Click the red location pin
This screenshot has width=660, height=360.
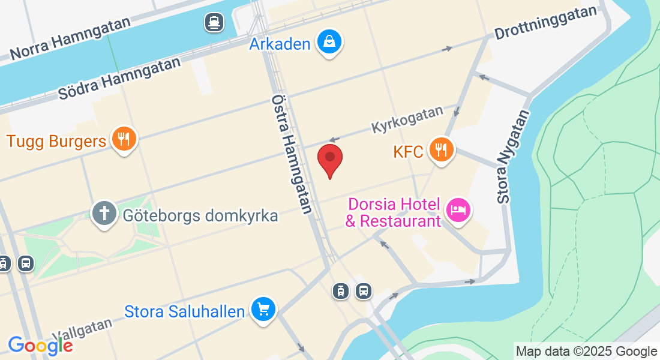click(329, 159)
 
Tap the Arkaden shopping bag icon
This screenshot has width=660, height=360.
click(329, 42)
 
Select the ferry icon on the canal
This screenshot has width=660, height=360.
click(213, 23)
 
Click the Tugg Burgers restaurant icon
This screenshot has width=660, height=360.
click(124, 140)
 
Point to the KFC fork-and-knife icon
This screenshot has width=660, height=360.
click(442, 149)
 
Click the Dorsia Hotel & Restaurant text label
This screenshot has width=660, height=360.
click(394, 212)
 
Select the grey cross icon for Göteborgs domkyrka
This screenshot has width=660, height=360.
click(104, 214)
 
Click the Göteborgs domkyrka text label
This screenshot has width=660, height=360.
click(200, 215)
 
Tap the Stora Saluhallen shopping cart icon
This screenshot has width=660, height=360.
click(263, 310)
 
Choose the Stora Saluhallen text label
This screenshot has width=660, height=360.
click(185, 311)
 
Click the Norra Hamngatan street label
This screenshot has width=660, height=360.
click(71, 40)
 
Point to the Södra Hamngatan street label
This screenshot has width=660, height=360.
click(119, 79)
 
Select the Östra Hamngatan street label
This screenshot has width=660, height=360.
click(292, 154)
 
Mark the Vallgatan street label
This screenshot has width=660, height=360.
click(82, 329)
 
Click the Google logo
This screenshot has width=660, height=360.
click(40, 345)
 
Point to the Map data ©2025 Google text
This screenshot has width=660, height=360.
click(586, 352)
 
